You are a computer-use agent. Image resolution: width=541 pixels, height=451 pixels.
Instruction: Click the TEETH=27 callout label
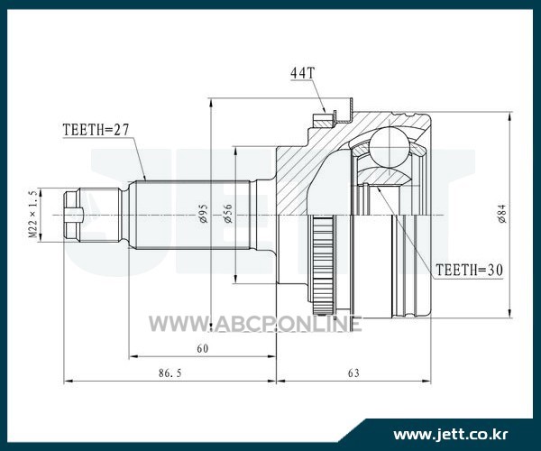click(96, 130)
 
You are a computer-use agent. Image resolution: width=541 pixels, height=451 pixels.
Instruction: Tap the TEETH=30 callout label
click(469, 270)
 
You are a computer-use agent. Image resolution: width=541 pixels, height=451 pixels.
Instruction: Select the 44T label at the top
click(303, 73)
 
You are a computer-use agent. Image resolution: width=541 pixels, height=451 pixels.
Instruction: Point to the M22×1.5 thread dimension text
click(32, 214)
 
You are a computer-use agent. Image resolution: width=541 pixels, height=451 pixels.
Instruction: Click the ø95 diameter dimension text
click(204, 213)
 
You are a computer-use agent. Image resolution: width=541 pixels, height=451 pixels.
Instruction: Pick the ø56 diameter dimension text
click(228, 213)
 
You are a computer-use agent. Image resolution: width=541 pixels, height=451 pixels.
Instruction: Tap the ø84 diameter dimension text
click(502, 214)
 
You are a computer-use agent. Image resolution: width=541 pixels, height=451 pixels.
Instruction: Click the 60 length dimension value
click(203, 349)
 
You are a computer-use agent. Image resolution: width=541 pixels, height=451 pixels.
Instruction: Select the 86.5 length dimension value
click(170, 373)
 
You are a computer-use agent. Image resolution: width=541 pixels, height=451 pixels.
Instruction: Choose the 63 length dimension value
click(353, 373)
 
